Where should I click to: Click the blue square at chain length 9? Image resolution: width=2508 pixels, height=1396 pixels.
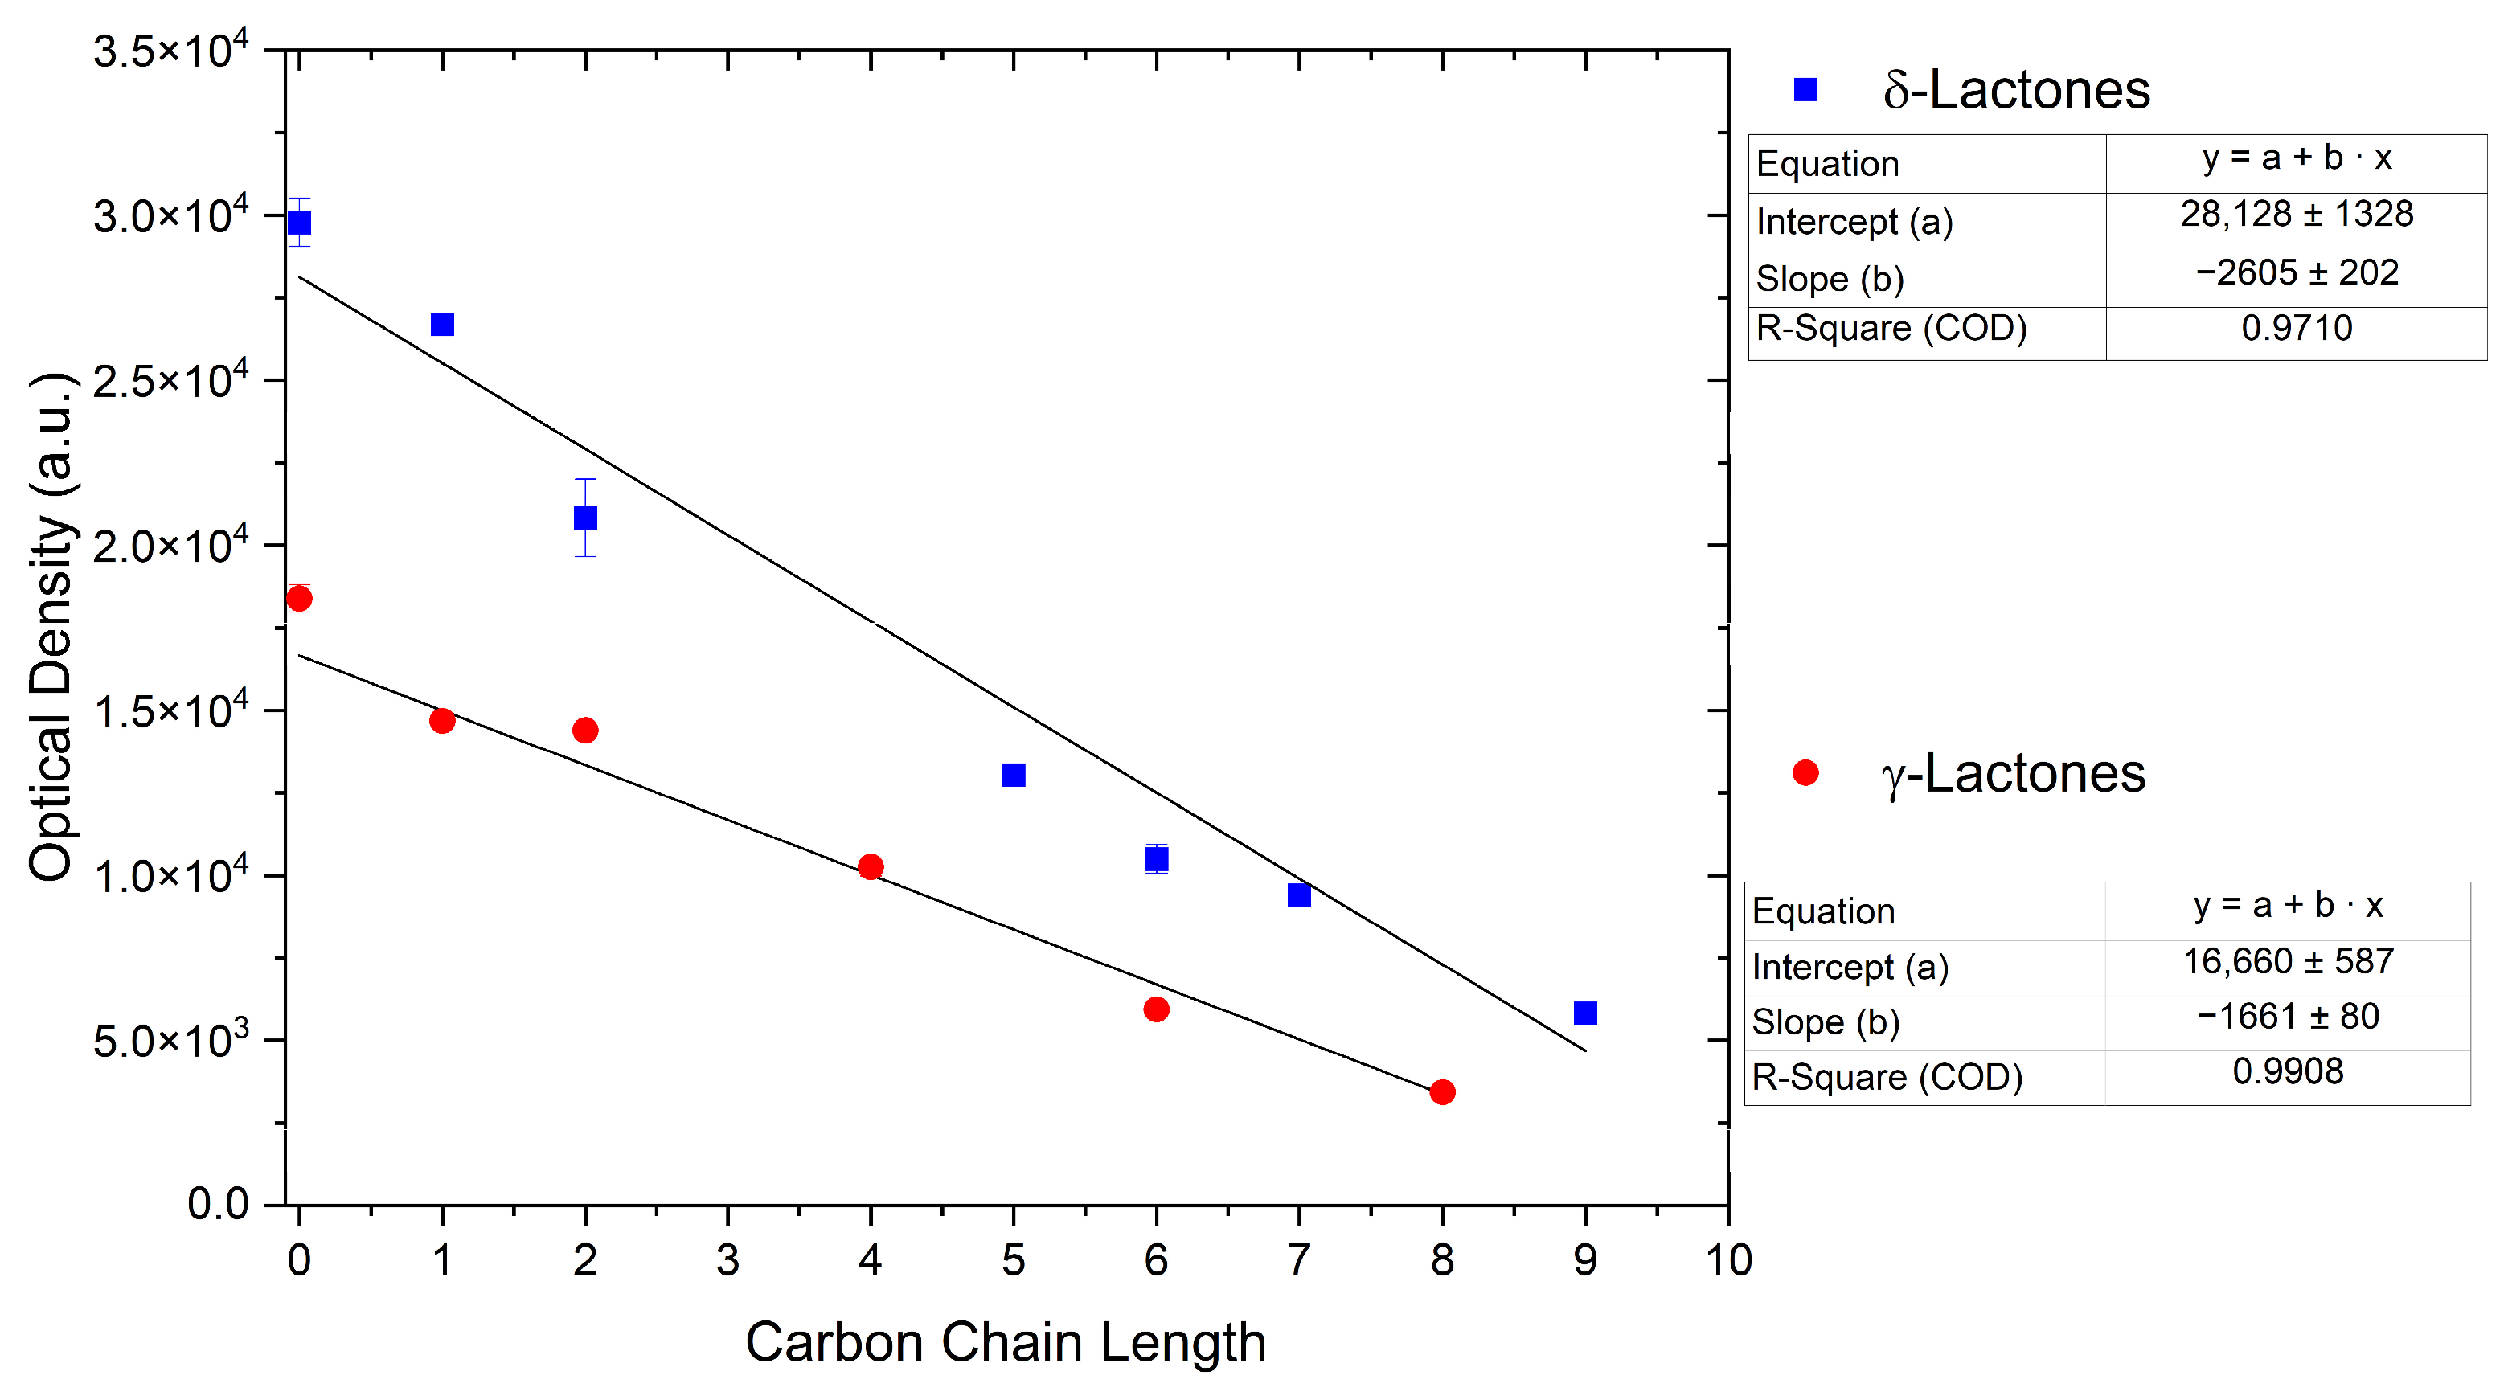(x=1585, y=1013)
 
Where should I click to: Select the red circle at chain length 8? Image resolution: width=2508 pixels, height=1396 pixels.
(x=1442, y=1092)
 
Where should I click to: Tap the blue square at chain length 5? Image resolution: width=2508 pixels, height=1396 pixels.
(x=1014, y=775)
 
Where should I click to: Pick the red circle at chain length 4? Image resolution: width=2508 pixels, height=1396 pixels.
(x=871, y=866)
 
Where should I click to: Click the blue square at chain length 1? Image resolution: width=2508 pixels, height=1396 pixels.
(x=442, y=324)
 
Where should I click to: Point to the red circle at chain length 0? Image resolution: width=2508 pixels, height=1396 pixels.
(x=299, y=598)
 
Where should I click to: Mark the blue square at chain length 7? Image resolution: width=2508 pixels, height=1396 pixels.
(x=1299, y=895)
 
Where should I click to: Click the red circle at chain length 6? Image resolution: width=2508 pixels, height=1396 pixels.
(x=1156, y=1009)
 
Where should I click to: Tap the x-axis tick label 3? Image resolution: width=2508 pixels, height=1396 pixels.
(x=727, y=1261)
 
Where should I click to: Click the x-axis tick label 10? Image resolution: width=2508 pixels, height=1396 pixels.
(x=1728, y=1261)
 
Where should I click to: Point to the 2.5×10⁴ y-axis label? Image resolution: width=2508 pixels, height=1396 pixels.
(x=170, y=379)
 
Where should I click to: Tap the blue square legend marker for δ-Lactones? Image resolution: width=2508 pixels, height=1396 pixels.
(x=1806, y=89)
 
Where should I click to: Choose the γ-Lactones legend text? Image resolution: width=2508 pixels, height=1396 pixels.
(x=2014, y=775)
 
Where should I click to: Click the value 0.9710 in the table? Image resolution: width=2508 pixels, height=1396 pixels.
(x=2296, y=328)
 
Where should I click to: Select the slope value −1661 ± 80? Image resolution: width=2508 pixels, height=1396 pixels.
(x=2287, y=1017)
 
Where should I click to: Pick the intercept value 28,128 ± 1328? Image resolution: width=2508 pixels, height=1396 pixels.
(x=2296, y=214)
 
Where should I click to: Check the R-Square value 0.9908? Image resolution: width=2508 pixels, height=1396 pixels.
(x=2287, y=1072)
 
